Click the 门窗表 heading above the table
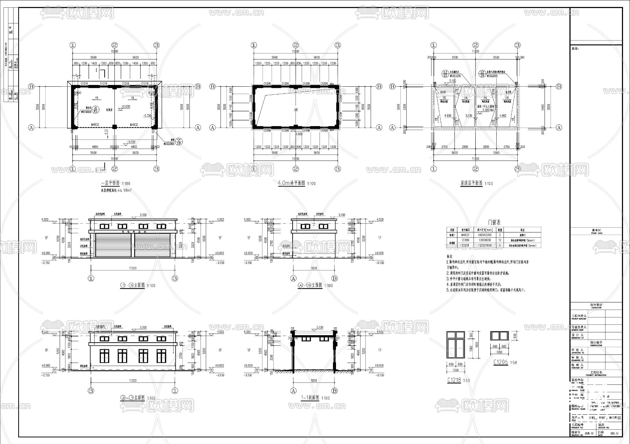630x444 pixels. pos(494,222)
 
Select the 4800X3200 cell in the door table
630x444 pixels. pos(484,235)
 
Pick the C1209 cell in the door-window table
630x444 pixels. pos(465,241)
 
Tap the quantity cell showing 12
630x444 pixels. pos(500,241)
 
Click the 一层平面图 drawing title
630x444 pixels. pos(110,183)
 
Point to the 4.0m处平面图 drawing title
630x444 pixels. pos(291,183)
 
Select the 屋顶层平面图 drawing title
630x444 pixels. pos(471,183)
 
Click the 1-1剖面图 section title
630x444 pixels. pos(310,398)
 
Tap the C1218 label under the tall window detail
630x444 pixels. pos(454,380)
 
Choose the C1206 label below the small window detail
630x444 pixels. pos(500,362)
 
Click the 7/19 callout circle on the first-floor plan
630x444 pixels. pos(179,141)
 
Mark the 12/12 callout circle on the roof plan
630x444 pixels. pos(445,74)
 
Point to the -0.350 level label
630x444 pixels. pos(147,115)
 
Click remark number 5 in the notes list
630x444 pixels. pos(448,290)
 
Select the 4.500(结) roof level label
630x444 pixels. pos(486,110)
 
